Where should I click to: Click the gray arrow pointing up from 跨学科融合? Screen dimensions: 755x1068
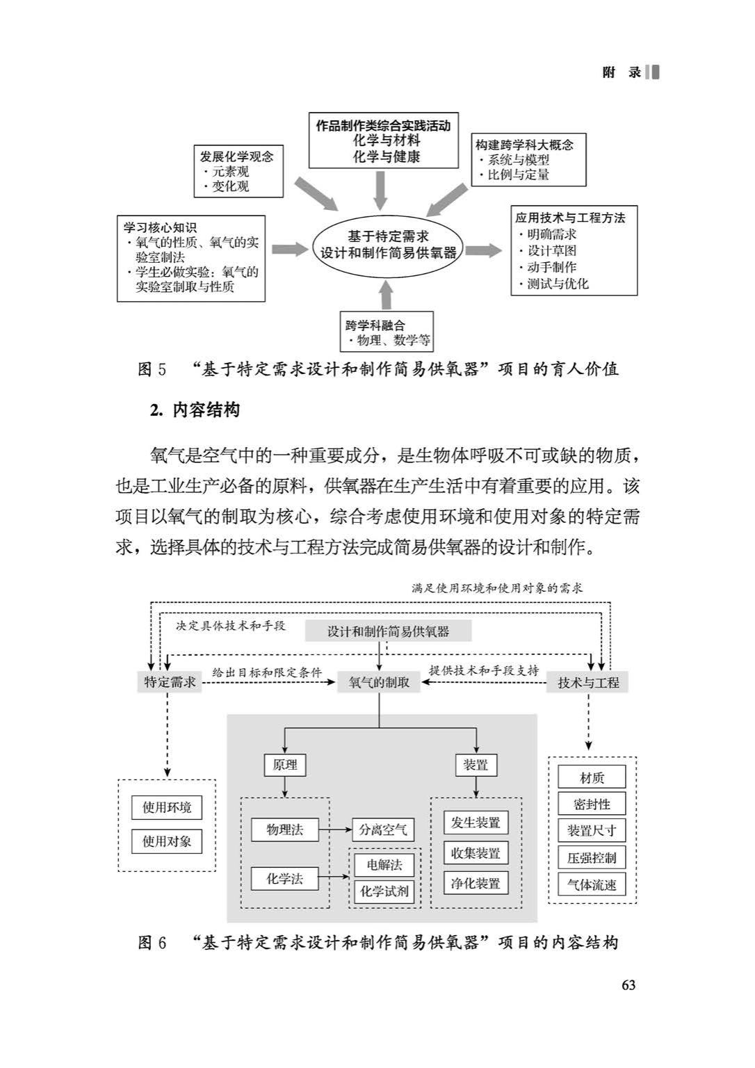tap(387, 295)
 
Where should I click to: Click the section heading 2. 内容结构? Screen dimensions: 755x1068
tap(195, 410)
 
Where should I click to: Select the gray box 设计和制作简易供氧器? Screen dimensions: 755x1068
tap(388, 631)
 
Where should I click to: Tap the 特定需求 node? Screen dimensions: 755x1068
tap(170, 682)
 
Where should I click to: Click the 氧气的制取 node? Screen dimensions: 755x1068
tap(379, 683)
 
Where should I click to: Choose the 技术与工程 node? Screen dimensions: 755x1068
tap(588, 683)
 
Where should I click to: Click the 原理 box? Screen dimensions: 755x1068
tap(285, 766)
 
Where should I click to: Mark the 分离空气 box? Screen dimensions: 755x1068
tap(383, 830)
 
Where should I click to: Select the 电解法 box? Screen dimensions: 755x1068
tap(384, 865)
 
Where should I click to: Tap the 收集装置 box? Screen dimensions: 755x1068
tap(476, 853)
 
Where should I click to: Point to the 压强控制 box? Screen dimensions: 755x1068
tap(592, 858)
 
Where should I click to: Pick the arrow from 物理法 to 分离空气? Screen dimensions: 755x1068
tap(335, 830)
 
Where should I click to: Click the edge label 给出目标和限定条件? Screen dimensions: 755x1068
tap(268, 673)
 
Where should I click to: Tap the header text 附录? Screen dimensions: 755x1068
tap(622, 73)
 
